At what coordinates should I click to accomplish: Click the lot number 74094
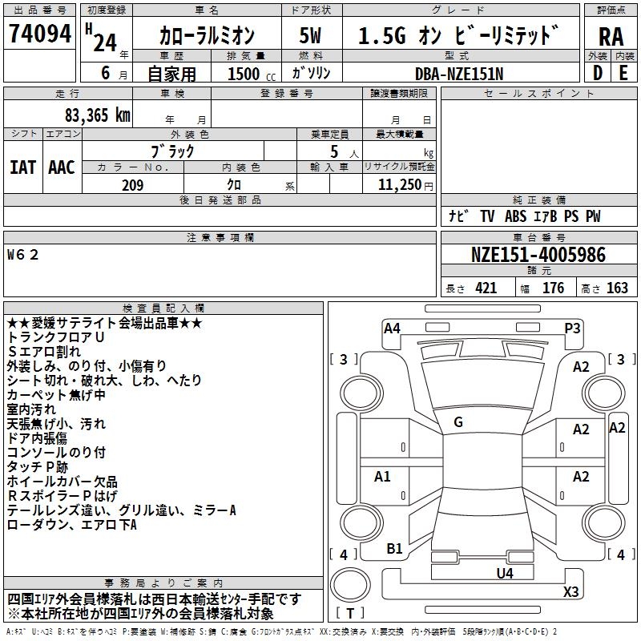tap(42, 35)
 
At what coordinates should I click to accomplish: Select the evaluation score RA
tap(611, 37)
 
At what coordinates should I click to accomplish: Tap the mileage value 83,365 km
tap(99, 115)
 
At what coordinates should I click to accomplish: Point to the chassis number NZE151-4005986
tap(538, 256)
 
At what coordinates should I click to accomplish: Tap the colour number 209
tap(132, 185)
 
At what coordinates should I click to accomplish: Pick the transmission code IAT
tap(22, 167)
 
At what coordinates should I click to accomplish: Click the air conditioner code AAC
tap(61, 167)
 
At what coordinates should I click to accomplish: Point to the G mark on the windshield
tap(458, 422)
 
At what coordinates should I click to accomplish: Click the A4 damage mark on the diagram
tap(392, 328)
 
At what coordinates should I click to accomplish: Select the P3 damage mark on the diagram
tap(572, 328)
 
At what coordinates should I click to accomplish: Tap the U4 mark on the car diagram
tap(504, 573)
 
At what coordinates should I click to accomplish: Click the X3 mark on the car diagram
tap(570, 592)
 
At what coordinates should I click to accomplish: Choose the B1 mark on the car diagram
tap(394, 549)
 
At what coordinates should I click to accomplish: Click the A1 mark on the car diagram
tap(382, 477)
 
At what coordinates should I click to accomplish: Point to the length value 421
tap(486, 288)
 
